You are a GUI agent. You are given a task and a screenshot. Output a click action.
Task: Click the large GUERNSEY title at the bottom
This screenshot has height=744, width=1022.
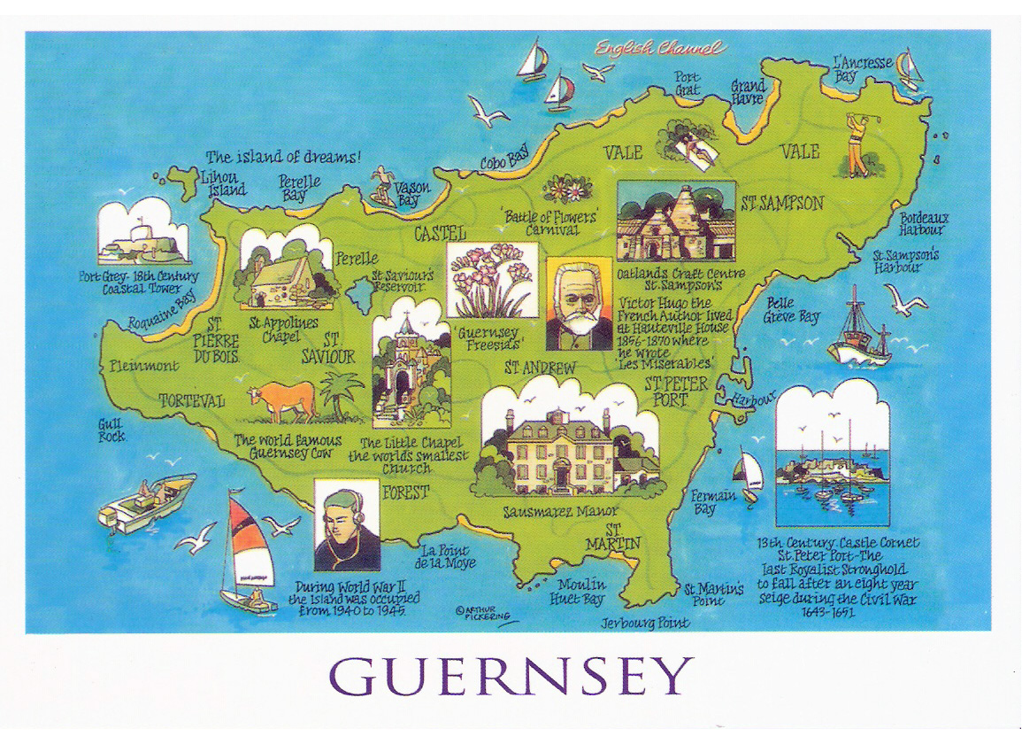click(x=511, y=677)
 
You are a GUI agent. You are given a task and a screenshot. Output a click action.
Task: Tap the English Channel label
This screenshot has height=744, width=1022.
click(x=659, y=49)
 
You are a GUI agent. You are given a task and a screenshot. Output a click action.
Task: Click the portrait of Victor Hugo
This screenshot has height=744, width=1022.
click(x=579, y=306)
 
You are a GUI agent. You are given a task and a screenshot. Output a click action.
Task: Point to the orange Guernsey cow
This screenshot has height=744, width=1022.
click(x=282, y=400)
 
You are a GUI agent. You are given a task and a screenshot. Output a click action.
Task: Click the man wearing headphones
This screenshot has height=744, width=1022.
click(x=347, y=528)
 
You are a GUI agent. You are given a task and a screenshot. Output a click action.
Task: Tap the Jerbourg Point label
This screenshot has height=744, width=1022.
click(x=645, y=623)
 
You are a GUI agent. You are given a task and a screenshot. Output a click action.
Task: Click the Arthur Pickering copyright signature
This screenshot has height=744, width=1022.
click(x=483, y=613)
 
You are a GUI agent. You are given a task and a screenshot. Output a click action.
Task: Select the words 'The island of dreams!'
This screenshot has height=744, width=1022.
click(x=283, y=157)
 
